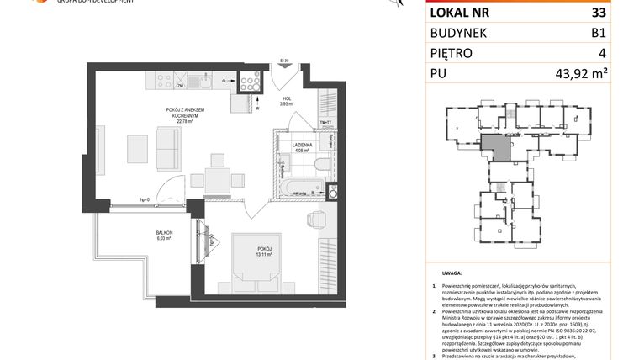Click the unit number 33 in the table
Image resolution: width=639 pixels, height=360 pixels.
598,13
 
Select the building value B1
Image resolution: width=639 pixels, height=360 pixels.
598,33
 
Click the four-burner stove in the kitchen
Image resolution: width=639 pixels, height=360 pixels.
249,82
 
